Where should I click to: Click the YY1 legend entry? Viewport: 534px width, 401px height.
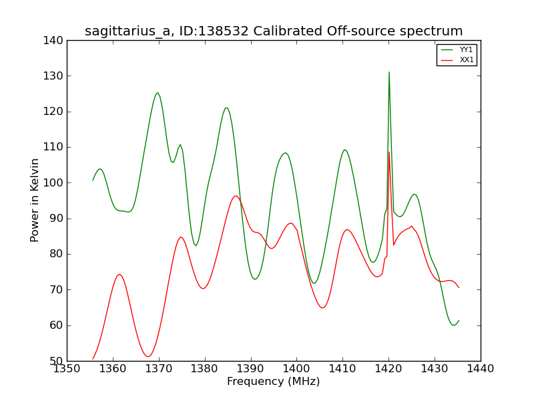pos(457,49)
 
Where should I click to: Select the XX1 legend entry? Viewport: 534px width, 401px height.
pos(457,59)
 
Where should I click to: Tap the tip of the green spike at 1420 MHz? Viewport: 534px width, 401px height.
pos(389,72)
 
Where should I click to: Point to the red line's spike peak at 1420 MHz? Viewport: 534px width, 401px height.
pos(389,152)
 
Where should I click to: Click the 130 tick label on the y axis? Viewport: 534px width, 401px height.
pos(53,76)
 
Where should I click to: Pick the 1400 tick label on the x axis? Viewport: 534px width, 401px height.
pos(296,369)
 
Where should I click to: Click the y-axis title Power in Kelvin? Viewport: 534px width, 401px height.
pos(35,200)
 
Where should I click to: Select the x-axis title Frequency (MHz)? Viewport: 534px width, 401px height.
pos(274,381)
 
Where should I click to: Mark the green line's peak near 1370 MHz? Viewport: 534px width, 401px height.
pos(158,93)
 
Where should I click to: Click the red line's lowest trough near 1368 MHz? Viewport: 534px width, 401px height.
pos(148,357)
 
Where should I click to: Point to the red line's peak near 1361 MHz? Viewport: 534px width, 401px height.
pos(119,275)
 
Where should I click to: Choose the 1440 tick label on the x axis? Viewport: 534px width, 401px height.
pos(481,369)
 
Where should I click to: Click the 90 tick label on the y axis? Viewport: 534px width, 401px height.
pos(57,219)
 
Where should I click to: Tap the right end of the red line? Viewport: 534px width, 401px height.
pos(459,288)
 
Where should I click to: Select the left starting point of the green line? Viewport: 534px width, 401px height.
pos(93,180)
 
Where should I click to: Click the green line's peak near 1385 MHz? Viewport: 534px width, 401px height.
pos(226,108)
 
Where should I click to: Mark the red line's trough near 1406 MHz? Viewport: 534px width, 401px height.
pos(323,307)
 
